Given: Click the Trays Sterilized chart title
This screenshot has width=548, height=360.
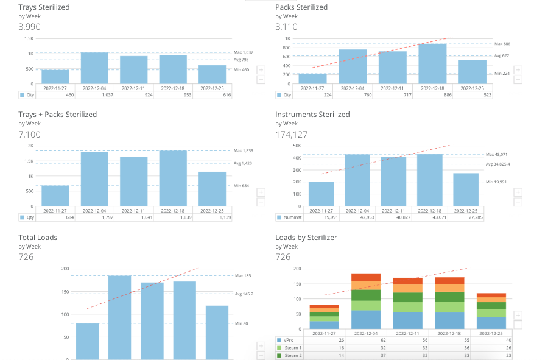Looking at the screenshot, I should tap(44, 7).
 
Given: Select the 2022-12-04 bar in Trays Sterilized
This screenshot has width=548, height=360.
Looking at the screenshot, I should tap(94, 68).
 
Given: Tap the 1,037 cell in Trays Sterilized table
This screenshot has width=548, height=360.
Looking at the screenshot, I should tap(94, 95).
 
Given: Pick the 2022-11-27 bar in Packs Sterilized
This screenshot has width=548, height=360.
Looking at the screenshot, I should tap(312, 79).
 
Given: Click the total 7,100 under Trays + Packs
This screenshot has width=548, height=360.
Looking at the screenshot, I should tap(30, 134).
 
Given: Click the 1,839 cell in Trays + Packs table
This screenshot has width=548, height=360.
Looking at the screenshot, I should tap(173, 217).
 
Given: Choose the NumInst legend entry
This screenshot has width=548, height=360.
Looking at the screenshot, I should tap(289, 217).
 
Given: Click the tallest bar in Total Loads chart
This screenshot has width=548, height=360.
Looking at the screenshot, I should tap(119, 317).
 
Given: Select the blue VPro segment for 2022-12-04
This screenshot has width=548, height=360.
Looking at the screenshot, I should tap(366, 320).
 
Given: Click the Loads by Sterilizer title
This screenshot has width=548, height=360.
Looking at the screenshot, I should tap(306, 237).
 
